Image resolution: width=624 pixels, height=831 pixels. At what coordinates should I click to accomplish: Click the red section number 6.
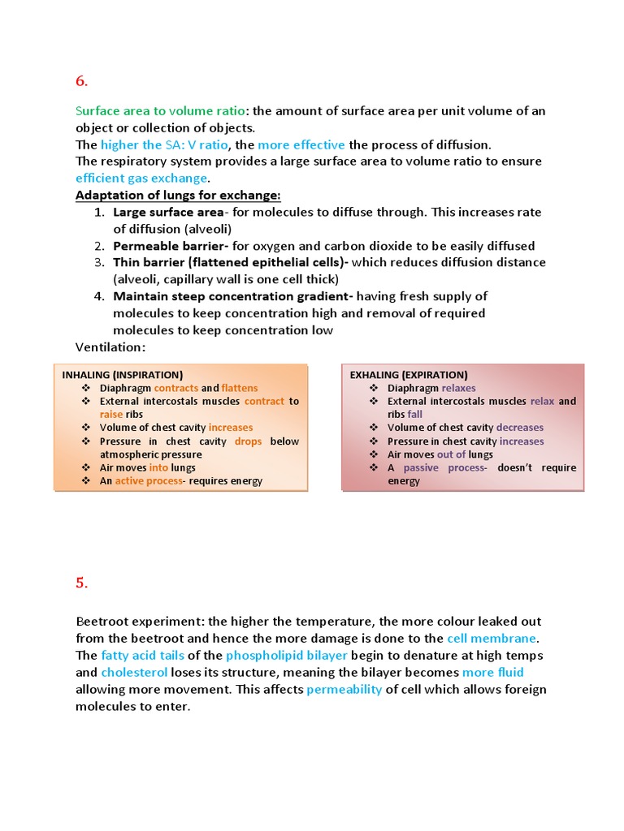pos(81,81)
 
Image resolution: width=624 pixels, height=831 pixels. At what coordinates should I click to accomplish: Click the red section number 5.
pos(81,582)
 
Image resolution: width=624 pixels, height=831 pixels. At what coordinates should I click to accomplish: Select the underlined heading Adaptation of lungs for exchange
pos(178,196)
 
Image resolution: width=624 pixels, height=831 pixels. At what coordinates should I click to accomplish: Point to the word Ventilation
pos(110,347)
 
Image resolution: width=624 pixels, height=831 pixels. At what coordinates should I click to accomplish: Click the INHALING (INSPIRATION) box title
pos(123,375)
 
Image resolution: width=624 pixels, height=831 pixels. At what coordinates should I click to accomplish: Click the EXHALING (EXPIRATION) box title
pos(409,375)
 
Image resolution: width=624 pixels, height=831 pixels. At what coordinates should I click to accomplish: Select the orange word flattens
pos(240,388)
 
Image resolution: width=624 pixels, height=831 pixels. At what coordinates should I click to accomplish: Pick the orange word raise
pos(111,414)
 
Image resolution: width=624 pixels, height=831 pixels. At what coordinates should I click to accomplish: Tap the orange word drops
pos(248,441)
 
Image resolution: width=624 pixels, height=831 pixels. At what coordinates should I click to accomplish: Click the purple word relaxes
pos(458,388)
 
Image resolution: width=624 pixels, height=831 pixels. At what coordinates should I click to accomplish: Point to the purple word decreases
pos(520,428)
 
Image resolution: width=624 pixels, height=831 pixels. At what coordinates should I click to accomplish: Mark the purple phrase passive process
pos(444,467)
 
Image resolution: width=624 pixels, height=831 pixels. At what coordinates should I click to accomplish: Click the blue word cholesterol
pos(134,673)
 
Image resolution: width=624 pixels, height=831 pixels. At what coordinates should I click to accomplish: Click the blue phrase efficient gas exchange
pos(142,179)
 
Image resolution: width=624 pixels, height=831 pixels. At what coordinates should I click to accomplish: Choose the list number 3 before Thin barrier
pos(98,263)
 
